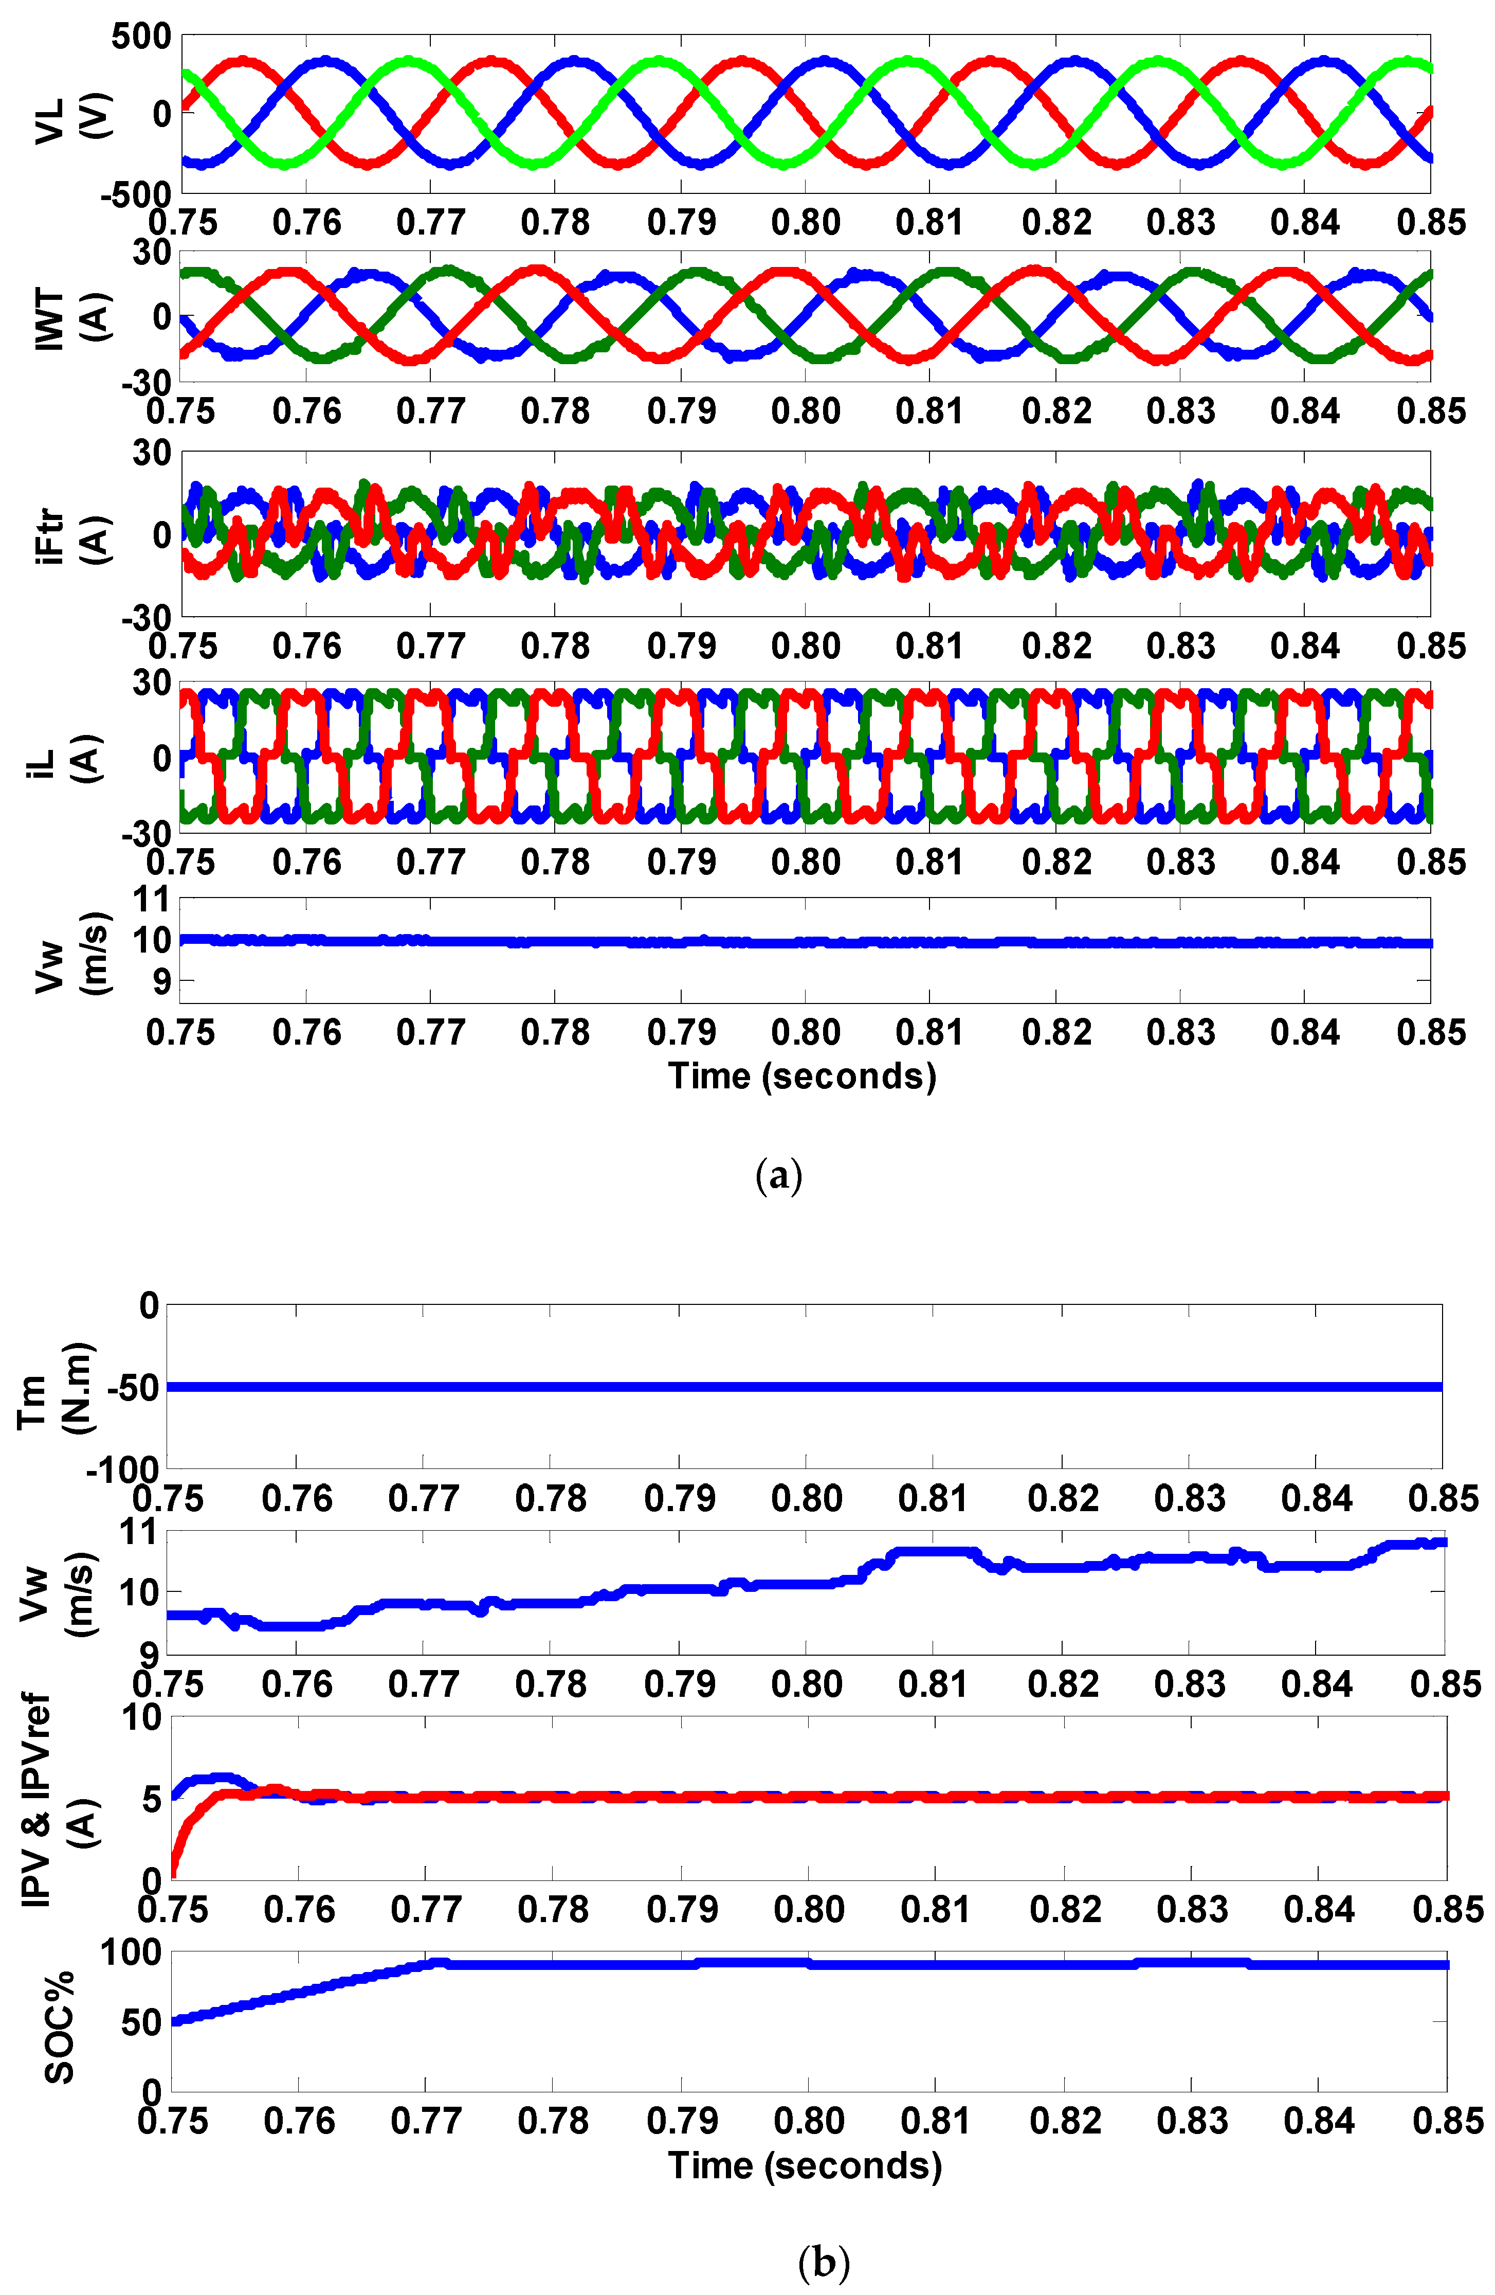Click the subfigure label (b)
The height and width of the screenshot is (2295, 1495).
(x=824, y=2261)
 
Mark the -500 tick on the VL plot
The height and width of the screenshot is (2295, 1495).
(x=134, y=194)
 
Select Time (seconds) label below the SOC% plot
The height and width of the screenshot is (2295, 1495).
(x=805, y=2166)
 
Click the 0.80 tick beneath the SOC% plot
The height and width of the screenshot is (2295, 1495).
(x=808, y=2122)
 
